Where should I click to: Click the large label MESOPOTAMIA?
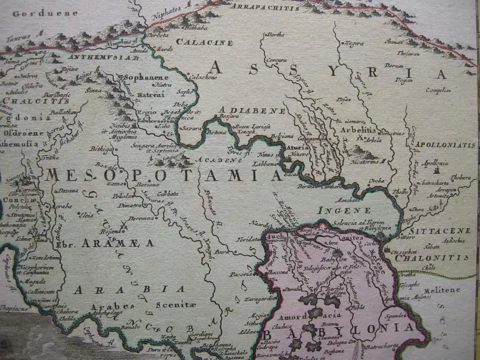pyautogui.click(x=163, y=176)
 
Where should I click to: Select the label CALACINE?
pyautogui.click(x=204, y=42)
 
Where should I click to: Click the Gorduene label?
pyautogui.click(x=45, y=13)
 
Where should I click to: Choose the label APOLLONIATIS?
pyautogui.click(x=445, y=144)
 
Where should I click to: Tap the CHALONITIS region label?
pyautogui.click(x=432, y=258)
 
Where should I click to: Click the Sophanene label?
pyautogui.click(x=146, y=77)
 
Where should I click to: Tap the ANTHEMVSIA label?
pyautogui.click(x=108, y=58)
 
